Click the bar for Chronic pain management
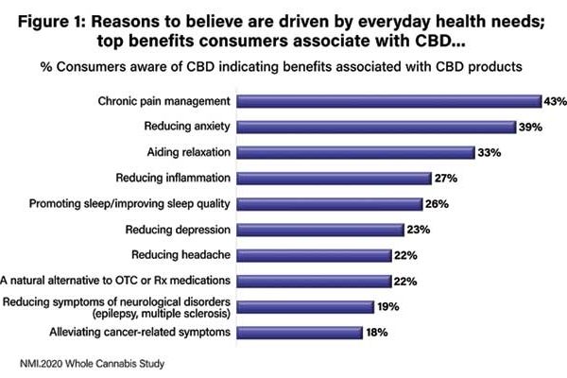point(387,101)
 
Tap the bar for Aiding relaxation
point(354,152)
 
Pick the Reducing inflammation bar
point(333,178)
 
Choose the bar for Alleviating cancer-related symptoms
point(299,332)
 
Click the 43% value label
point(555,101)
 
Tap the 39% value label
point(530,127)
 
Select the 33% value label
point(488,152)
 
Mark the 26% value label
point(437,203)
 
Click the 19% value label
point(387,306)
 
